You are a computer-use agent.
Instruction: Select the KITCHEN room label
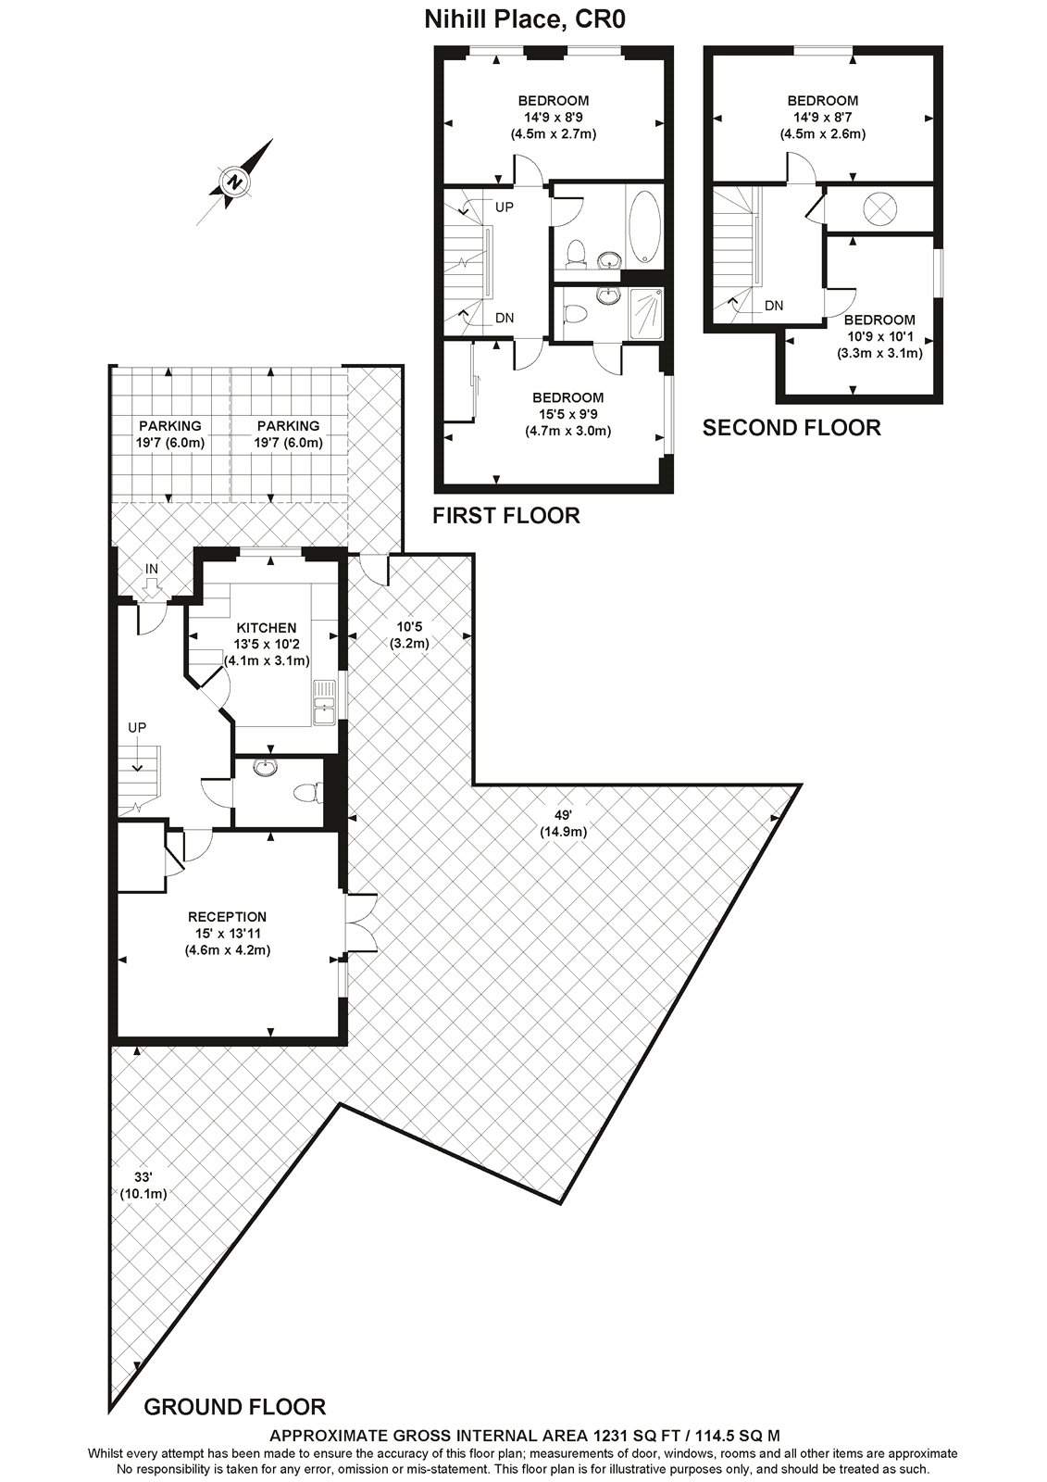click(x=266, y=628)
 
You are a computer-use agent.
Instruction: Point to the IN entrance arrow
click(x=152, y=584)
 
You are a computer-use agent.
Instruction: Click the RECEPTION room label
click(x=227, y=917)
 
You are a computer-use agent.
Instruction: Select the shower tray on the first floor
click(x=645, y=315)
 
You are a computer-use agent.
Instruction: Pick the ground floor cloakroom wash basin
click(x=266, y=767)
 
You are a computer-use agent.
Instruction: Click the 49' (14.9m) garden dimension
click(x=563, y=823)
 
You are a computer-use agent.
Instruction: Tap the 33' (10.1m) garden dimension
click(x=143, y=1186)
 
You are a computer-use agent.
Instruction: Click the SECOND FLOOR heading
click(x=791, y=428)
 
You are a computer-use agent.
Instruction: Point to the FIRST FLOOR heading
click(x=506, y=516)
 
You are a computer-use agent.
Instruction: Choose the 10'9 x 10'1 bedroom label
click(x=879, y=336)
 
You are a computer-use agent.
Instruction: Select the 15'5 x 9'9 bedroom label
click(x=567, y=414)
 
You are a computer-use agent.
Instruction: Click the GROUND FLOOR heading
click(x=235, y=1408)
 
